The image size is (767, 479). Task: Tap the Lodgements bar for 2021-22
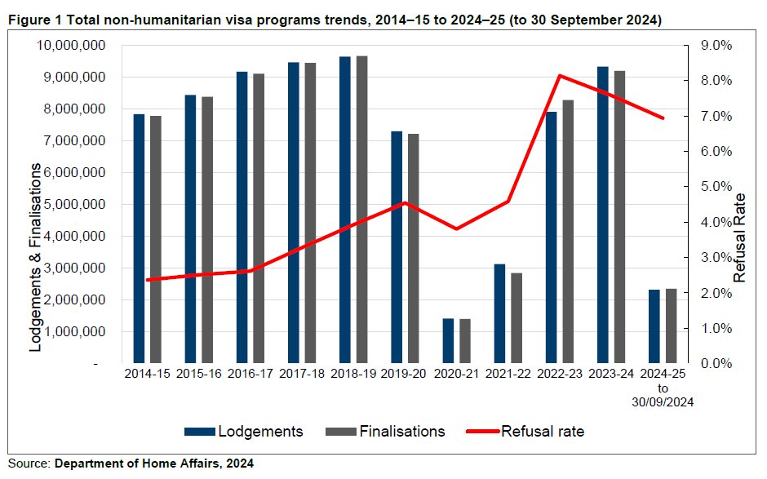point(499,313)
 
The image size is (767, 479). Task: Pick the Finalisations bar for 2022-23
point(568,232)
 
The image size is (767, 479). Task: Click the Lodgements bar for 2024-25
point(654,326)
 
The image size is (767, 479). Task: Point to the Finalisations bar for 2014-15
point(156,240)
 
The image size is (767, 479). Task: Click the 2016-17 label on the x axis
point(250,375)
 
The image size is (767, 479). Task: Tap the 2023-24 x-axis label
point(611,375)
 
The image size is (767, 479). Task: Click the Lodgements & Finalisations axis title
point(36,257)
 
